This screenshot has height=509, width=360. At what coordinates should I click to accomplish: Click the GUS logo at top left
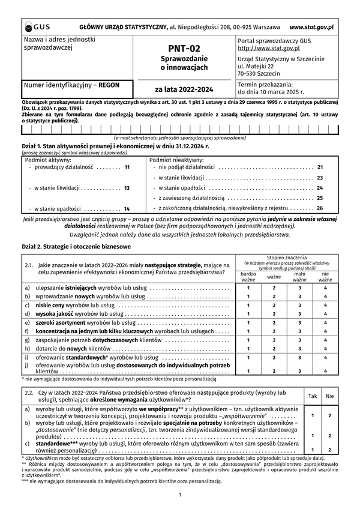[37, 26]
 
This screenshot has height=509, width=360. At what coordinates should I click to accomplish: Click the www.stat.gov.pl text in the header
[311, 27]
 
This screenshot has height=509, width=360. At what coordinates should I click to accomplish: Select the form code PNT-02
[184, 49]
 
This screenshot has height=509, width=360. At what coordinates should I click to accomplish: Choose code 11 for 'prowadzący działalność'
[127, 167]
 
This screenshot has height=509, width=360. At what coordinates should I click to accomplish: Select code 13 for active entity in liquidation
[127, 188]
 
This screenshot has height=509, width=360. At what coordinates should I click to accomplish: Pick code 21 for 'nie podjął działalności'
[320, 167]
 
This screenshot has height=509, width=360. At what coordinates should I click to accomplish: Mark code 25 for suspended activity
[320, 197]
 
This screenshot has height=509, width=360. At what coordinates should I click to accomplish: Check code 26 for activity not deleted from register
[320, 208]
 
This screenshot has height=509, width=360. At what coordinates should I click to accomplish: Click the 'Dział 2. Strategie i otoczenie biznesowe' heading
[67, 247]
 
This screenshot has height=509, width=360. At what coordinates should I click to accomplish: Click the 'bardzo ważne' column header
[248, 277]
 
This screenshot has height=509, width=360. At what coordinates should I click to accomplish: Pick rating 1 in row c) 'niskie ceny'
[248, 306]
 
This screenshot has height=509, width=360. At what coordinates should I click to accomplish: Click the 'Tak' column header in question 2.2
[313, 396]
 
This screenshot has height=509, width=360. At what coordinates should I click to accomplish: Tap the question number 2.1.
[29, 265]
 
